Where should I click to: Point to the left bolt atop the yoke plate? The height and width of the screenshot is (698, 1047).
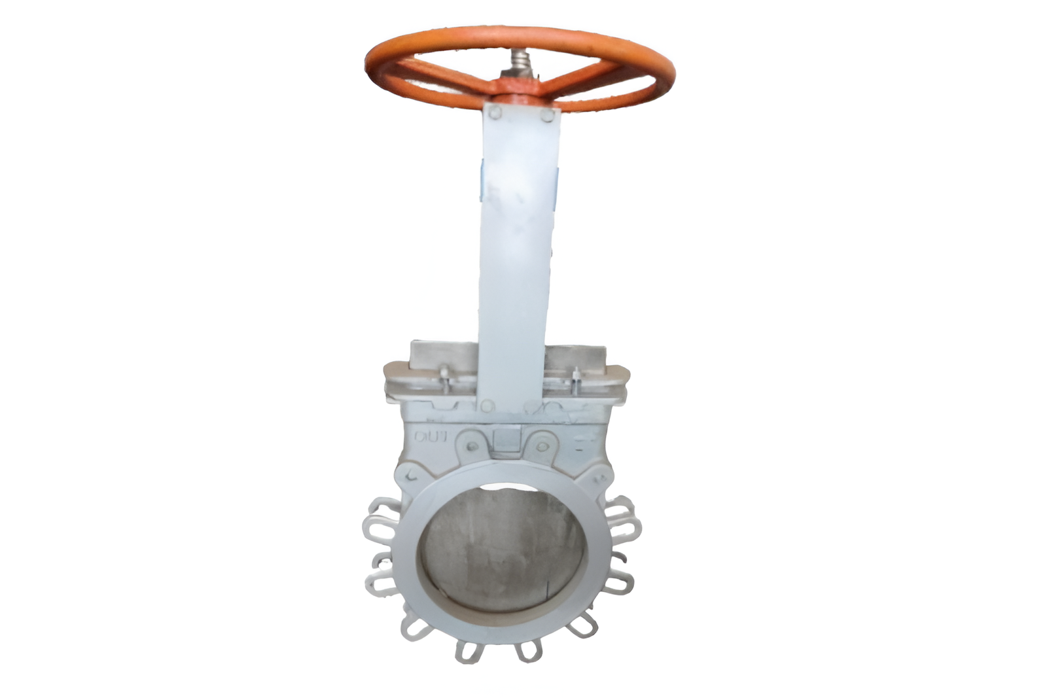tap(495, 113)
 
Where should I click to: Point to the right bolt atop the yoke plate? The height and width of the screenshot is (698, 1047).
tap(547, 116)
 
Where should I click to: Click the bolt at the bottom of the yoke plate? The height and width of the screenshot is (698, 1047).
tap(487, 406)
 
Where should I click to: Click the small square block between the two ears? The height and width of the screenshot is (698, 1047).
tap(506, 438)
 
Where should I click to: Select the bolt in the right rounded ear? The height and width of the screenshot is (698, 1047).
tap(542, 447)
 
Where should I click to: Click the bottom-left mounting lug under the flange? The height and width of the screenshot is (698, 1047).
tap(468, 651)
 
